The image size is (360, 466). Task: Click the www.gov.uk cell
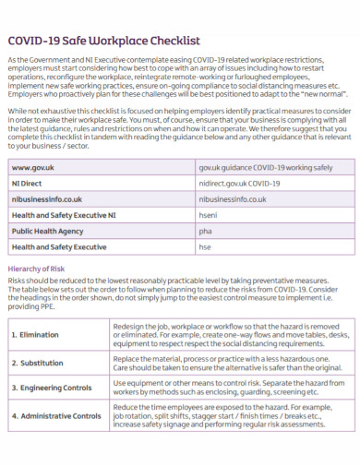(x=32, y=167)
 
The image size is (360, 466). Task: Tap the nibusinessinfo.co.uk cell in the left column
(x=47, y=198)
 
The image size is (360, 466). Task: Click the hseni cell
(x=209, y=215)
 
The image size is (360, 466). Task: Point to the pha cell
(x=205, y=231)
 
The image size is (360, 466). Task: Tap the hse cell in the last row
(x=205, y=247)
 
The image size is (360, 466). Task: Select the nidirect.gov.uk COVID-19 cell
(x=239, y=183)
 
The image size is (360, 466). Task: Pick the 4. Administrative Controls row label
(x=57, y=416)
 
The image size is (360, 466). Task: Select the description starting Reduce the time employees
(x=226, y=416)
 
